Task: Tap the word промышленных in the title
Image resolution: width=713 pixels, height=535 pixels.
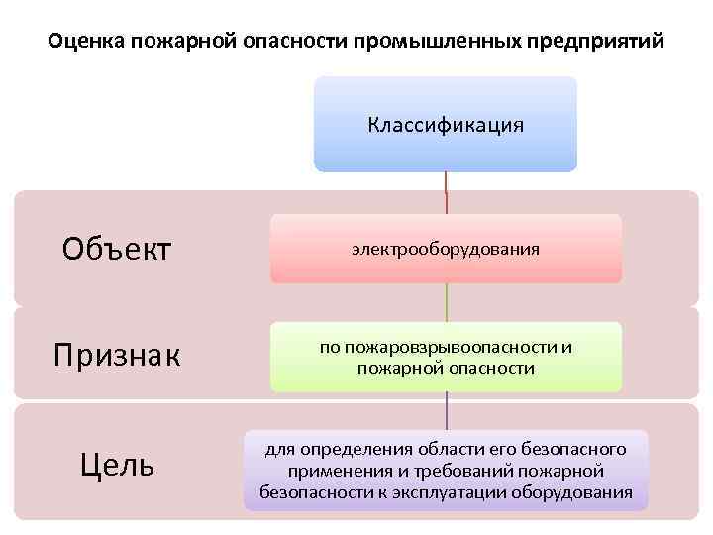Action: click(432, 43)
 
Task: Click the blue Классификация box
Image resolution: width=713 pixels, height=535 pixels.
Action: click(446, 125)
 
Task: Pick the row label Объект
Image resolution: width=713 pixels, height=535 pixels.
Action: click(117, 249)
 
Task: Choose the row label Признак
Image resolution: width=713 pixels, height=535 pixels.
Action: click(117, 355)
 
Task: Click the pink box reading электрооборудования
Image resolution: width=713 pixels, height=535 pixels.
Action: click(446, 249)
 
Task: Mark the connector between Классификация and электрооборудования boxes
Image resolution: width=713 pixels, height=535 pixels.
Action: click(446, 193)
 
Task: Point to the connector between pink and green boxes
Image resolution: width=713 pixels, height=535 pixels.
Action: click(446, 302)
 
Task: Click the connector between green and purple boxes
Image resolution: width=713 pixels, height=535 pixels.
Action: click(446, 410)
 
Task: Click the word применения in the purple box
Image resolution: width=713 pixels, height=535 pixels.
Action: click(339, 472)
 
